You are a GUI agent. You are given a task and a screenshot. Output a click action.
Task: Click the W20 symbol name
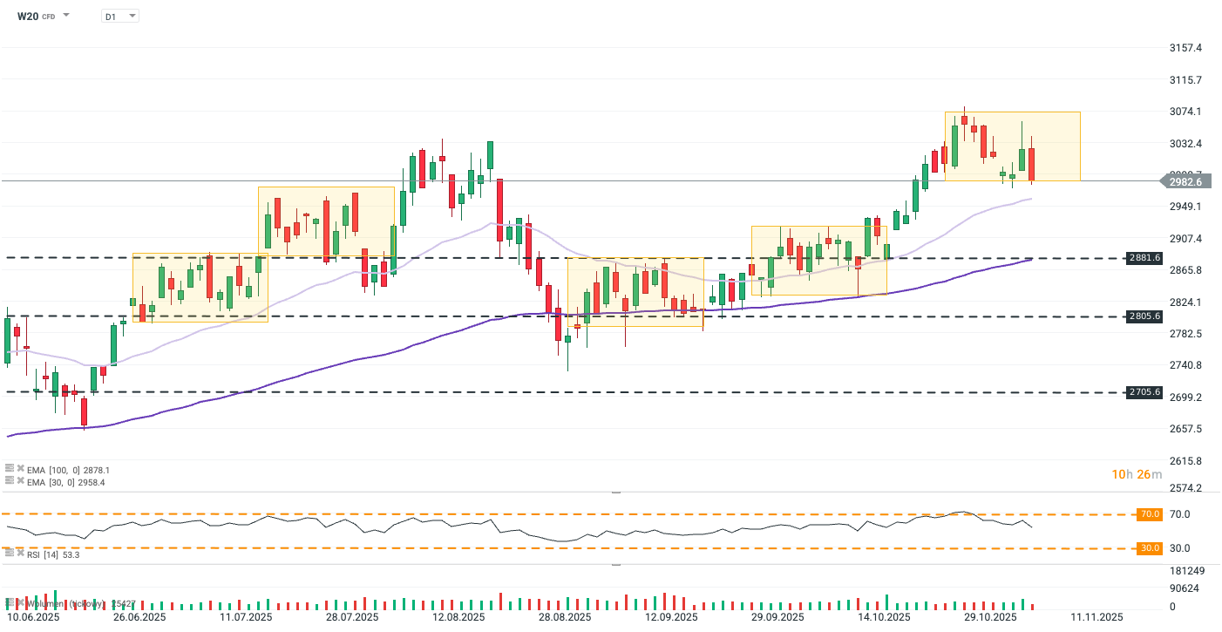pyautogui.click(x=29, y=16)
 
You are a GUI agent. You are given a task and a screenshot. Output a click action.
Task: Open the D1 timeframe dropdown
pyautogui.click(x=119, y=16)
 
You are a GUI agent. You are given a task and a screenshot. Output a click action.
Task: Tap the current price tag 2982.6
pyautogui.click(x=1185, y=181)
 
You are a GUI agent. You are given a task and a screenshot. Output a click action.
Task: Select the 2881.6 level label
pyautogui.click(x=1144, y=258)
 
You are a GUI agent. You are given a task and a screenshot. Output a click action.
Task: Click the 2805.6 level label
pyautogui.click(x=1144, y=316)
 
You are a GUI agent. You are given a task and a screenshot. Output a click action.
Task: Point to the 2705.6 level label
pyautogui.click(x=1144, y=392)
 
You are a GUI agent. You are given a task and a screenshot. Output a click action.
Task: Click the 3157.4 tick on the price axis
pyautogui.click(x=1185, y=48)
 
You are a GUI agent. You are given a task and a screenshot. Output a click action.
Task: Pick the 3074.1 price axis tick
pyautogui.click(x=1185, y=112)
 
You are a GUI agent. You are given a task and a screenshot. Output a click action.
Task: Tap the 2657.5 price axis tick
pyautogui.click(x=1185, y=429)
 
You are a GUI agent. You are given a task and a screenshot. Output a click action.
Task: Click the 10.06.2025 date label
pyautogui.click(x=33, y=617)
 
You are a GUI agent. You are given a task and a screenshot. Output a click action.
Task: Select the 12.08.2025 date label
pyautogui.click(x=459, y=617)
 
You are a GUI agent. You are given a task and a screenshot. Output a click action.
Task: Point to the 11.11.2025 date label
pyautogui.click(x=1097, y=617)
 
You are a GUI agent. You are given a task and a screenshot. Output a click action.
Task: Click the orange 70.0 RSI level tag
pyautogui.click(x=1148, y=514)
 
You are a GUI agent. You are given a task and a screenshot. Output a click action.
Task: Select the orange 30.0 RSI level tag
pyautogui.click(x=1148, y=548)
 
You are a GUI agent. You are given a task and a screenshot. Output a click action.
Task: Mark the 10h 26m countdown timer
pyautogui.click(x=1136, y=474)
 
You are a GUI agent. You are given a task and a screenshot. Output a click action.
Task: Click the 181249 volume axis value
pyautogui.click(x=1186, y=571)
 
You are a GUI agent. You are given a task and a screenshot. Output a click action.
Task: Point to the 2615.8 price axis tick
pyautogui.click(x=1185, y=461)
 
